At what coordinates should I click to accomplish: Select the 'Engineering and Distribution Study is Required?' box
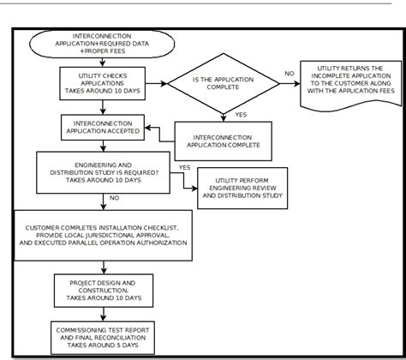click(x=102, y=171)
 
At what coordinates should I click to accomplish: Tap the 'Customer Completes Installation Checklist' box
click(x=103, y=235)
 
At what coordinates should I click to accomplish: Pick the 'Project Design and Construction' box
click(x=102, y=289)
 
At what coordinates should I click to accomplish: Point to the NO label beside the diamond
click(x=289, y=75)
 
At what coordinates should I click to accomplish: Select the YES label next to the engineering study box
click(x=183, y=167)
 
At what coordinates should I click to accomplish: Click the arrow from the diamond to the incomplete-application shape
click(x=290, y=84)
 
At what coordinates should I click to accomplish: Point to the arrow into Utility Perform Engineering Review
click(x=183, y=182)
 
